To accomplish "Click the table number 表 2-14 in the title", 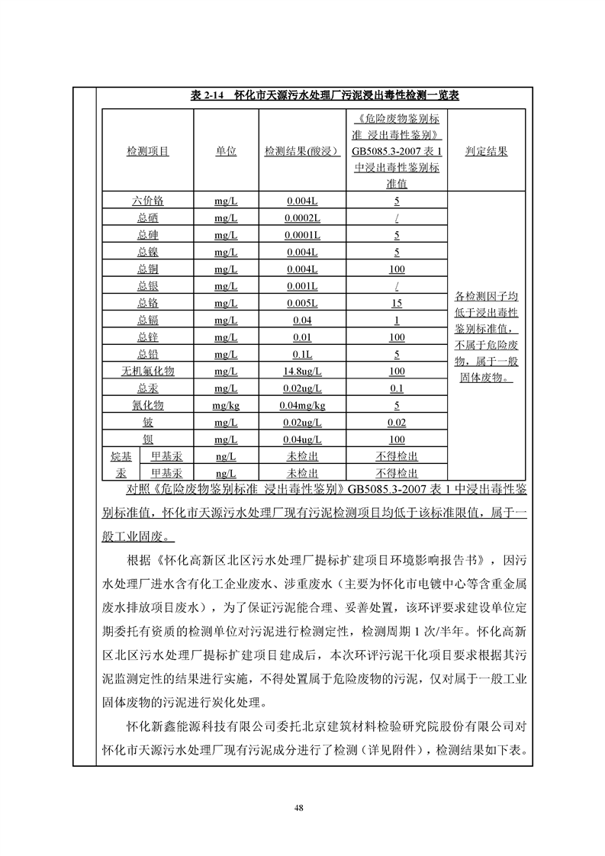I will (x=206, y=96).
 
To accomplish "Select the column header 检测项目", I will (x=147, y=152).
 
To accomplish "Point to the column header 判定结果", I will (x=486, y=152).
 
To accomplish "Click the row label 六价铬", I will (x=147, y=201).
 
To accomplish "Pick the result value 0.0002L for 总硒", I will (x=302, y=218).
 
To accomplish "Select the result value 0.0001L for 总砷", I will (x=302, y=235).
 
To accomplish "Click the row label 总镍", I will (x=147, y=252).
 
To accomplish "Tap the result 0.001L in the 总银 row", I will (x=302, y=286).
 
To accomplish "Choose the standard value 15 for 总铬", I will (x=396, y=303).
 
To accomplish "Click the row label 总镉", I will (x=147, y=320).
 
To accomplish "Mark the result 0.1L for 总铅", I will (x=302, y=354).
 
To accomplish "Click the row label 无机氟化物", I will (x=147, y=371).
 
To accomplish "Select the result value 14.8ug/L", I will (x=302, y=371).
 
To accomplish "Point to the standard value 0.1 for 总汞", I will (x=396, y=388).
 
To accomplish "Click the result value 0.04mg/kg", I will (x=302, y=405).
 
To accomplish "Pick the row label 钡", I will (x=147, y=439).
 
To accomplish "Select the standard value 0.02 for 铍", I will (x=396, y=422).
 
